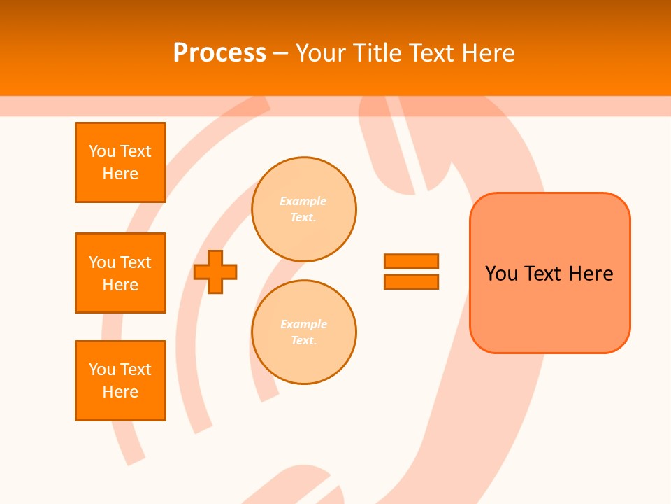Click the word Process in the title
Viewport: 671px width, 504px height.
(x=219, y=53)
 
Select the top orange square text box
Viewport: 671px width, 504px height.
(x=120, y=162)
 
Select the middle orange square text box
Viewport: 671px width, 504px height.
(x=120, y=273)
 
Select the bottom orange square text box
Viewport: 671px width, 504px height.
(x=120, y=381)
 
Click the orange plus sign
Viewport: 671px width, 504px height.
(x=215, y=272)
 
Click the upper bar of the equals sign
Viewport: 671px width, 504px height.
(x=411, y=261)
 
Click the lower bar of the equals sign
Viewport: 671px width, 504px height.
(x=411, y=281)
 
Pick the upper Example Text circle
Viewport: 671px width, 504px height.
(x=304, y=209)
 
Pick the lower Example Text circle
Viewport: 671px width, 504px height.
(x=304, y=332)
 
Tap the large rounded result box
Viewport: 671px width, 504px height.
(x=549, y=308)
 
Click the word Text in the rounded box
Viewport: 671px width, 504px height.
(x=544, y=274)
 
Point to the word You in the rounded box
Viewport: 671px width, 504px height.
(x=502, y=274)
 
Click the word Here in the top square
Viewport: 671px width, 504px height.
(x=120, y=174)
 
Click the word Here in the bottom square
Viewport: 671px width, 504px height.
(x=120, y=392)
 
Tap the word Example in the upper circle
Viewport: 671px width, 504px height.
(x=303, y=201)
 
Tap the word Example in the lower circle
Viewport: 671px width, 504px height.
(x=303, y=324)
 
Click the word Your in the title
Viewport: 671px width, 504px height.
(x=321, y=53)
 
